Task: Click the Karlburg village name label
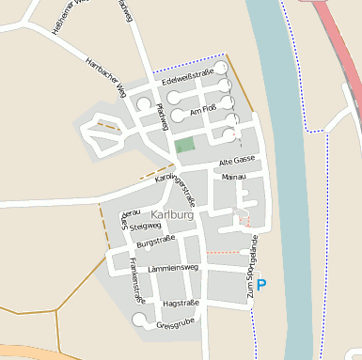(x=171, y=215)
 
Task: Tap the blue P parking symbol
(x=261, y=284)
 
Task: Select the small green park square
(x=185, y=145)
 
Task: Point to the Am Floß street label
(x=203, y=111)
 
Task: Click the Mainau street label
(x=233, y=177)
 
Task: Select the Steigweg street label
(x=145, y=227)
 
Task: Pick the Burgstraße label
(x=156, y=243)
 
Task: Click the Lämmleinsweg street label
(x=173, y=268)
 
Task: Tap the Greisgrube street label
(x=176, y=325)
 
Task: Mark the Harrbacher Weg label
(x=105, y=78)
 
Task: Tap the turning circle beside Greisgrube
(x=140, y=321)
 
